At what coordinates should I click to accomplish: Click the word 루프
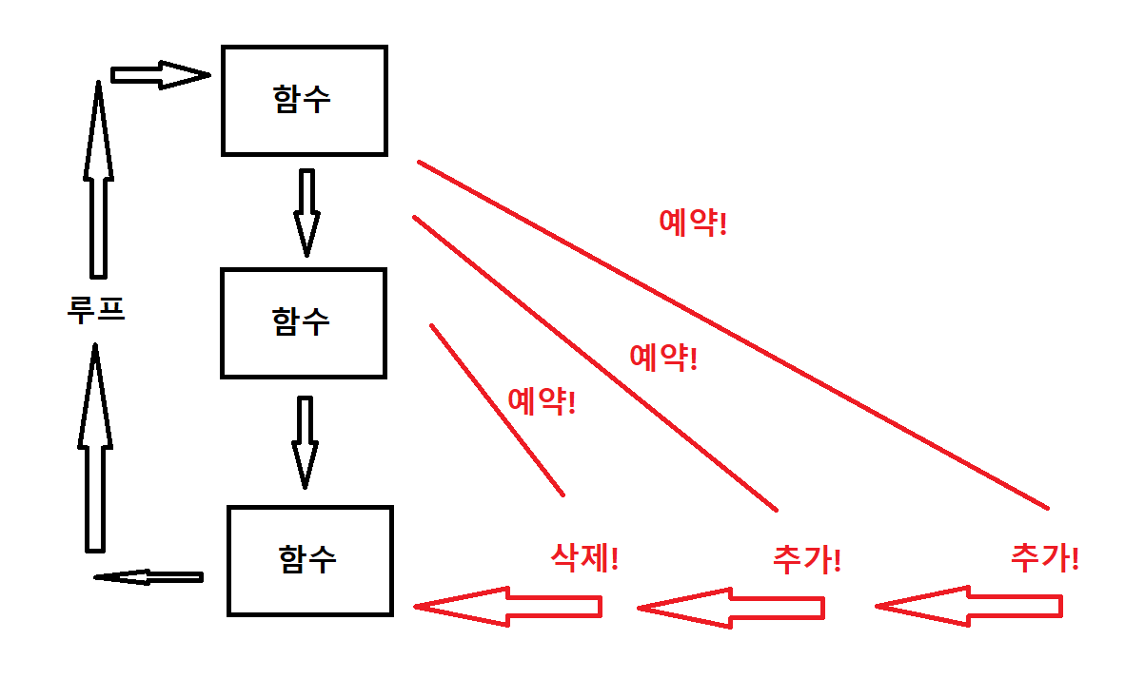[x=96, y=310]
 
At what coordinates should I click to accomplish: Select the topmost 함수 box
[x=304, y=100]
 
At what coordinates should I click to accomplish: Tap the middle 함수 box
[x=303, y=322]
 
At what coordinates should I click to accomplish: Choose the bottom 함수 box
[x=309, y=560]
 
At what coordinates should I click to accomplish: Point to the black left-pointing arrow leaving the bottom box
[x=148, y=577]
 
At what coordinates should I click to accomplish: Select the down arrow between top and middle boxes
[x=306, y=212]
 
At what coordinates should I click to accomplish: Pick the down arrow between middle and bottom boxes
[x=304, y=441]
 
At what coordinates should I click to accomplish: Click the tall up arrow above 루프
[x=97, y=181]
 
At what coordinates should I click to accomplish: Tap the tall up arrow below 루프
[x=94, y=447]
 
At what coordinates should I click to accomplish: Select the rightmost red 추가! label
[x=1044, y=556]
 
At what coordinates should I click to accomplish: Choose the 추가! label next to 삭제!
[x=807, y=558]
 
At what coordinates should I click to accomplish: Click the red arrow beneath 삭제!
[x=508, y=607]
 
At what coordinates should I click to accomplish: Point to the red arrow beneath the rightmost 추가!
[x=968, y=607]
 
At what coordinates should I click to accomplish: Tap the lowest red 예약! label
[x=542, y=401]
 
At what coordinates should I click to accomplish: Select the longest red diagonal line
[x=733, y=335]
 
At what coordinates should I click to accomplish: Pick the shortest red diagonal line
[x=497, y=410]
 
